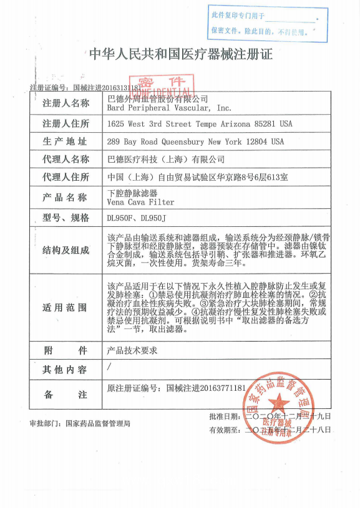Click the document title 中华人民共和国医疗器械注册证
click(x=181, y=54)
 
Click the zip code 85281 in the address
click(x=265, y=124)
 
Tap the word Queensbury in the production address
click(x=187, y=141)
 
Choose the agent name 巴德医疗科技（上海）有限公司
click(x=166, y=160)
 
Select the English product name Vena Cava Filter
click(x=141, y=202)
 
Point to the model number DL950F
click(x=120, y=218)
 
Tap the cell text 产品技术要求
click(x=132, y=350)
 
